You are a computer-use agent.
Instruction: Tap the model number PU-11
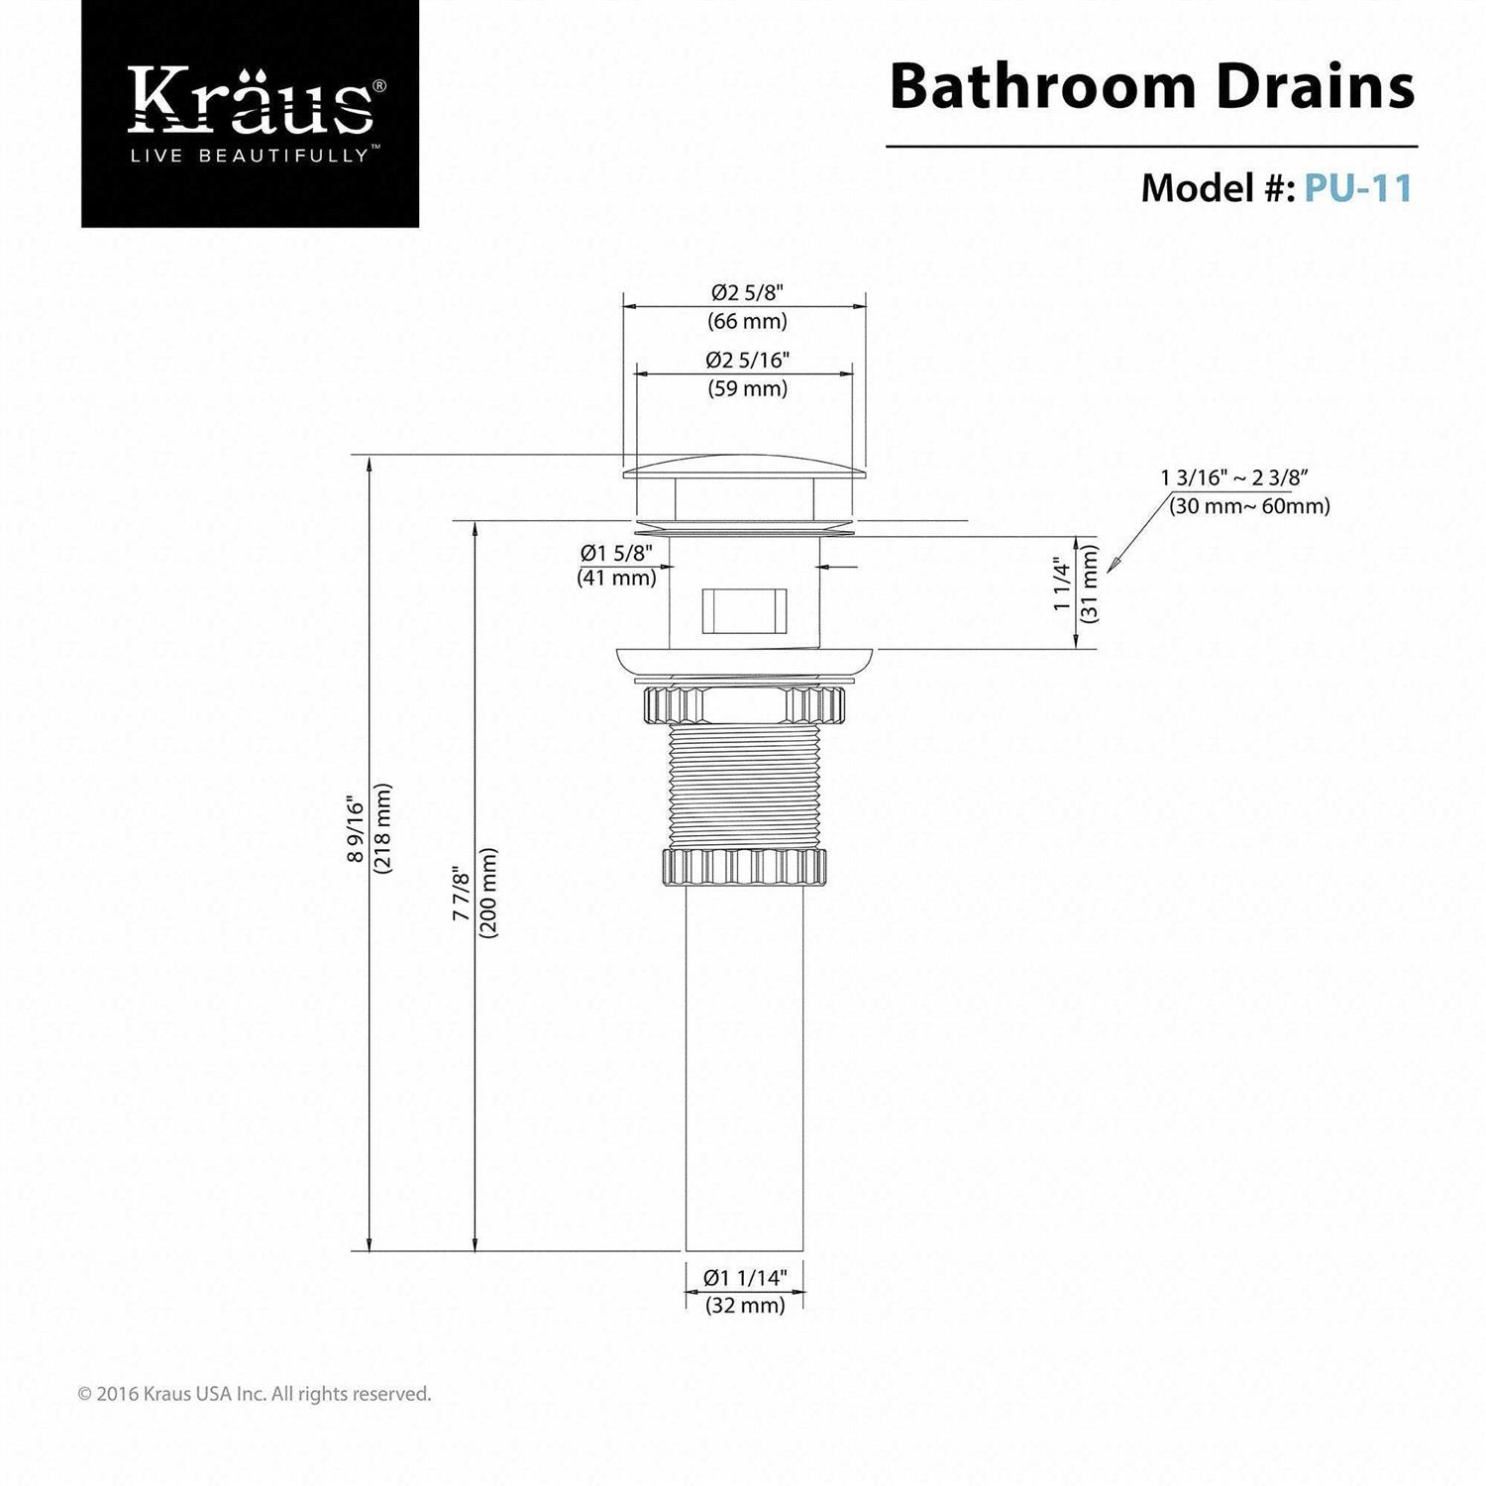pos(1357,187)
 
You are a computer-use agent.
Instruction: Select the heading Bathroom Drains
pos(1151,87)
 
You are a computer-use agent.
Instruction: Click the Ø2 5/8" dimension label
pos(747,293)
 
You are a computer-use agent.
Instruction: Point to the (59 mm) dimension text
pos(747,388)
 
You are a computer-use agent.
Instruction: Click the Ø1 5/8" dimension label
pos(616,553)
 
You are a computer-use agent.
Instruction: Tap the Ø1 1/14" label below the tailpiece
pos(744,1278)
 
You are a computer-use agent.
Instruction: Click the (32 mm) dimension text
pos(745,1306)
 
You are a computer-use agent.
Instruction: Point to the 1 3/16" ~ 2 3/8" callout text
pos(1234,478)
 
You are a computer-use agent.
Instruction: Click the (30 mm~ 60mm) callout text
pos(1248,506)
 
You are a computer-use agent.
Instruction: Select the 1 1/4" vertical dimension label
pos(1063,584)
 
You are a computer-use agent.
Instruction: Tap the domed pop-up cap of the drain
pos(744,469)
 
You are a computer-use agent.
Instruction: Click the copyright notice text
pos(255,1394)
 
